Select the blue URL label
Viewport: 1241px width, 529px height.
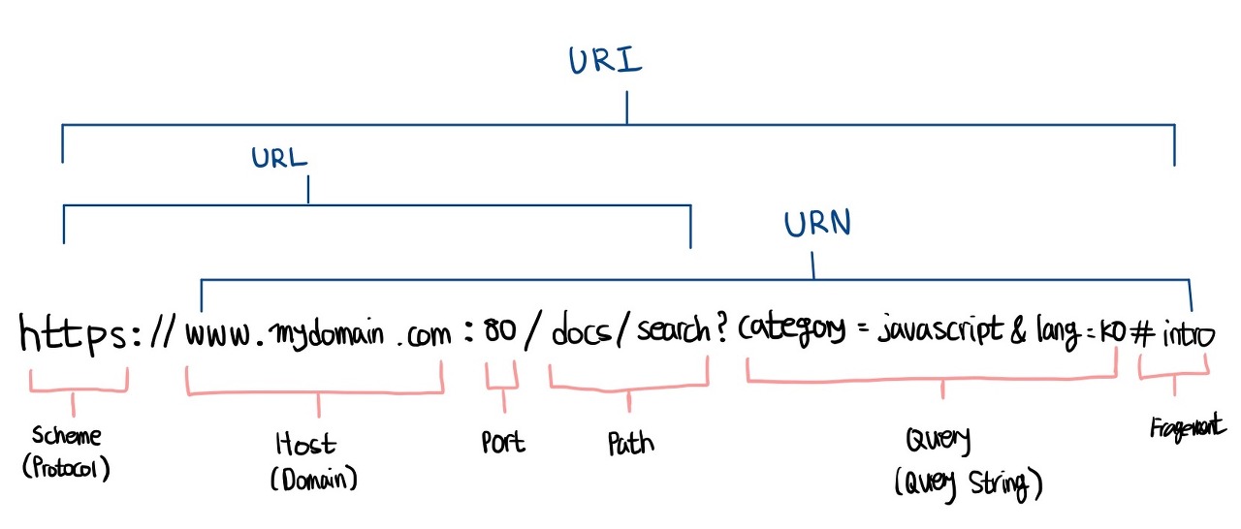coord(279,159)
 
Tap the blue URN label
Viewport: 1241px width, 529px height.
coord(817,225)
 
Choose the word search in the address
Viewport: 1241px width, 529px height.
coord(673,332)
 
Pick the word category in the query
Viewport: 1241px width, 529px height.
coord(791,332)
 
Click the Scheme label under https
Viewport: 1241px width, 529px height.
coord(67,436)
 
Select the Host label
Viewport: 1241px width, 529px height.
coord(305,445)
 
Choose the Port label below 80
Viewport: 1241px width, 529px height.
coord(503,442)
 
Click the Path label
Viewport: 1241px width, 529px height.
coord(630,444)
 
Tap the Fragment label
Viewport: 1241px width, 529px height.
coord(1188,427)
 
